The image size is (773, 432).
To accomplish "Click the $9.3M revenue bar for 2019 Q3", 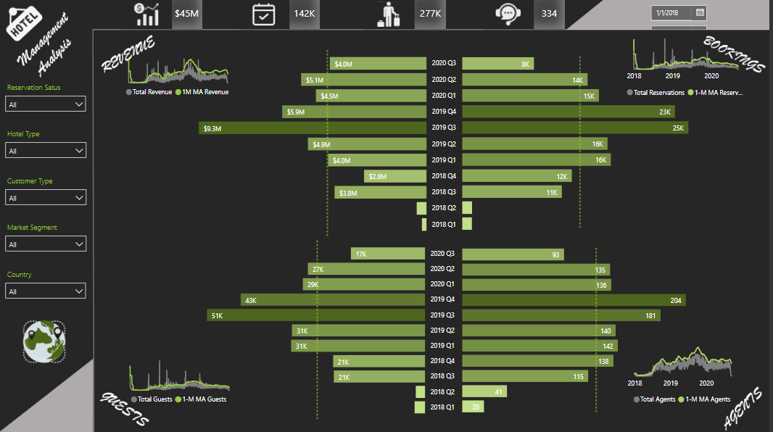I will tap(312, 128).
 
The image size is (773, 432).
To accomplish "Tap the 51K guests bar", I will tap(315, 315).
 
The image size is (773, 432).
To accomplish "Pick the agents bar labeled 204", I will tap(574, 300).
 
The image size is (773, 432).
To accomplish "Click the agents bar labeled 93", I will tap(513, 254).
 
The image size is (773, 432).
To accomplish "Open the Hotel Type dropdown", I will tap(46, 151).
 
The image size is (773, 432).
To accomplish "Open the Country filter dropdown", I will tap(46, 291).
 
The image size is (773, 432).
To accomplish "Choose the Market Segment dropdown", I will tap(46, 244).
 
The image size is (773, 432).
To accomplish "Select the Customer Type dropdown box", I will tap(46, 198).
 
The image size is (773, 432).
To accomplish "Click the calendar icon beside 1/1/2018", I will tap(700, 12).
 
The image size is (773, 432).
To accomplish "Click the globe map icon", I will tap(44, 341).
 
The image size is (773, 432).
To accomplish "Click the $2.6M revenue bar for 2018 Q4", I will tap(394, 176).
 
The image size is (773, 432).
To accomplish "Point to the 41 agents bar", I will tap(484, 391).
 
